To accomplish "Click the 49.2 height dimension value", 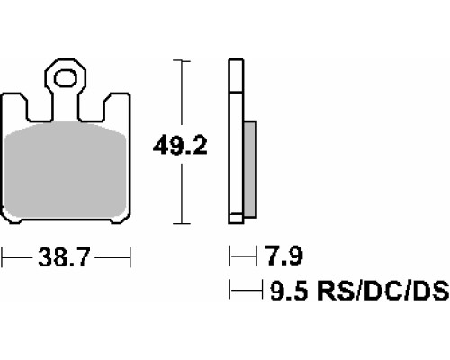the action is coord(180,146).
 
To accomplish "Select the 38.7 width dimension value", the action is coord(65,257).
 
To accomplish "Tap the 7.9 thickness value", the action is coord(284,256).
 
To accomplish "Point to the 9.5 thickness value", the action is coord(289,291).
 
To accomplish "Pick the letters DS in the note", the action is coord(429,291).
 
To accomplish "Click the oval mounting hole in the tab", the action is coord(66,78).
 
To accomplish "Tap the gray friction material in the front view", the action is coord(66,170).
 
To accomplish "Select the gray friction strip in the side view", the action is coord(250,169).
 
